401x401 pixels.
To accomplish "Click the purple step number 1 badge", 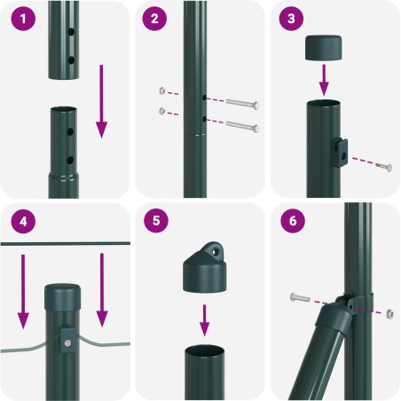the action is coord(23,19).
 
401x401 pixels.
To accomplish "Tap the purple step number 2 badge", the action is coord(154,19).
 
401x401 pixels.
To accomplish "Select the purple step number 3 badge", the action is coord(291,19).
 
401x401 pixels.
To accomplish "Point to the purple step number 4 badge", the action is coord(23,221).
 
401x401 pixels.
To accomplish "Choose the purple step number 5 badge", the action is coord(156,221).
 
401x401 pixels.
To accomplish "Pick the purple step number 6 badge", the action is coord(293,221).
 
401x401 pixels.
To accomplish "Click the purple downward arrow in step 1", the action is coord(101,101).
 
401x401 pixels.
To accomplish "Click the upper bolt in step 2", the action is coord(243,104).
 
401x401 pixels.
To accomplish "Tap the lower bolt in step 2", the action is coord(243,126).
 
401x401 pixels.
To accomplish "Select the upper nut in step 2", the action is coord(162,90).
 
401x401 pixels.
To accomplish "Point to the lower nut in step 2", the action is coord(162,111).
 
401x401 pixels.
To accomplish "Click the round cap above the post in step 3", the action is coord(324,48).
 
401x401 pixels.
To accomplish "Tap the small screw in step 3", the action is coord(384,167).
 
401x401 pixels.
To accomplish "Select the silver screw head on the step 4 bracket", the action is coord(67,343).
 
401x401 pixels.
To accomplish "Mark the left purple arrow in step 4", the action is coord(23,292).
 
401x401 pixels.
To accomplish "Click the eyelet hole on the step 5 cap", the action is coord(216,252).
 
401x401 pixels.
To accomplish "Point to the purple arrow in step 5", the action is coord(204,320).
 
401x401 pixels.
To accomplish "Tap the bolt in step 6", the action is coord(300,297).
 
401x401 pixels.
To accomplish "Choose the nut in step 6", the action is coord(389,313).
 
